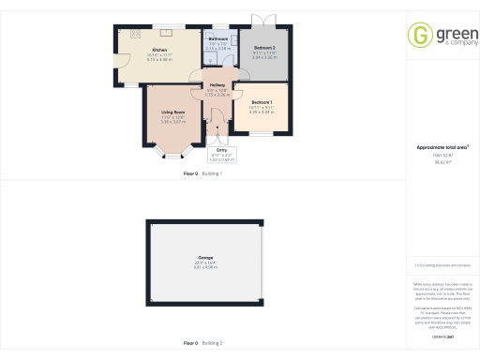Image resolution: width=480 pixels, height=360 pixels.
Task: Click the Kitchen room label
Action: click(159, 49)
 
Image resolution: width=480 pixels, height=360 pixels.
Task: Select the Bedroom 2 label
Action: click(264, 48)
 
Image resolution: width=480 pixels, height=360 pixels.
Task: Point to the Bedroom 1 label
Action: click(262, 101)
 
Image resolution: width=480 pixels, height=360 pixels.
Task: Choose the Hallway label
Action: click(217, 86)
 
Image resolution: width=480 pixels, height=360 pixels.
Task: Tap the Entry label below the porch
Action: click(222, 149)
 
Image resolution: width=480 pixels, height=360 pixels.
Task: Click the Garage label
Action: click(205, 257)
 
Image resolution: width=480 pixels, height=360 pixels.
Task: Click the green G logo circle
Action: click(418, 35)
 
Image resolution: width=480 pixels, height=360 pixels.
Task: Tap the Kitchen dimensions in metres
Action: click(159, 59)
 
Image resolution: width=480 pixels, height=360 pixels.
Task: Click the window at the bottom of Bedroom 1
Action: click(262, 136)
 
